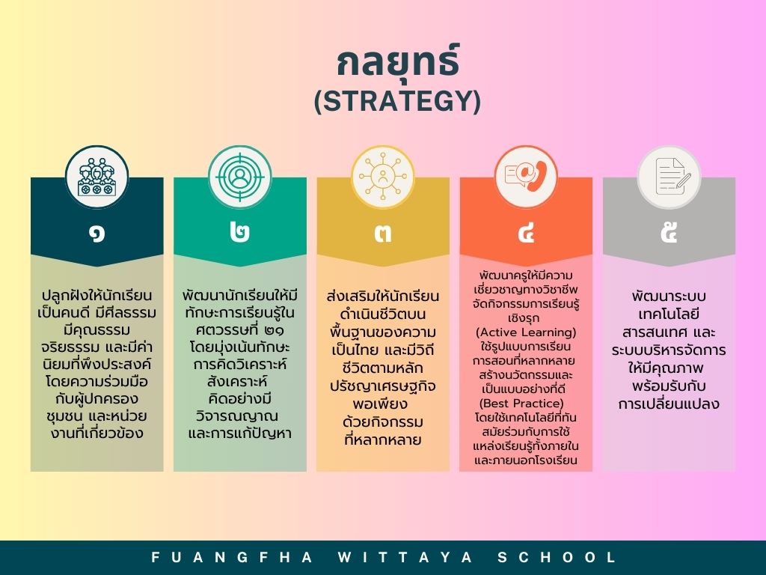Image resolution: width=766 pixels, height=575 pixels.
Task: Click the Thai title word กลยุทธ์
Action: (x=398, y=61)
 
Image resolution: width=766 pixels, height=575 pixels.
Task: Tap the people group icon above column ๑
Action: (x=96, y=177)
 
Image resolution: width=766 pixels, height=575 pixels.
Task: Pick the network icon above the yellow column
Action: (x=383, y=177)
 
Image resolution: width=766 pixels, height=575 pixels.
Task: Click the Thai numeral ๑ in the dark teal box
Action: (x=96, y=234)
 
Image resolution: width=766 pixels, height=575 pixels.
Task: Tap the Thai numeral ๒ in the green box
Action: (x=240, y=233)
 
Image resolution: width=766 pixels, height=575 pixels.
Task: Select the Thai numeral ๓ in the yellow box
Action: (x=383, y=234)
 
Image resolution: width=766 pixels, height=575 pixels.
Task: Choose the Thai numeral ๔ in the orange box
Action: (x=526, y=233)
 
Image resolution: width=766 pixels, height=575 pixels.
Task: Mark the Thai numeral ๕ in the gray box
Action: (x=670, y=232)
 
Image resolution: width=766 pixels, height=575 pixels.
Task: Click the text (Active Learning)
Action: (x=526, y=332)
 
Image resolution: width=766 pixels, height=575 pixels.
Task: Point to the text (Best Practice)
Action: (x=521, y=404)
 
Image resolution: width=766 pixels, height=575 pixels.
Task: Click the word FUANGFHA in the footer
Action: (x=232, y=557)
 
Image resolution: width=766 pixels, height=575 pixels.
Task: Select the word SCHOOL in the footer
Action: (x=557, y=557)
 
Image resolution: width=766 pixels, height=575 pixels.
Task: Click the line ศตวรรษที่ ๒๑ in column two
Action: (x=240, y=329)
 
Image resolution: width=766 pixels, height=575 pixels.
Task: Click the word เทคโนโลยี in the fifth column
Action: (x=669, y=314)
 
